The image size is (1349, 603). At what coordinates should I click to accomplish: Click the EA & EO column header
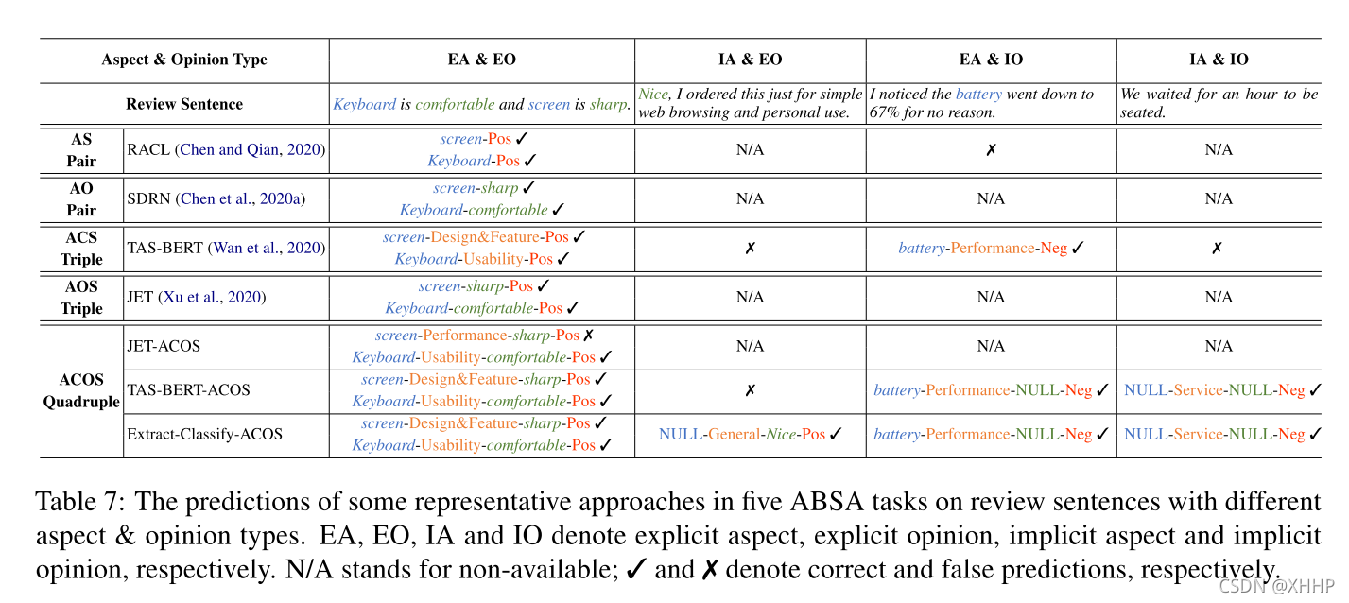pos(481,60)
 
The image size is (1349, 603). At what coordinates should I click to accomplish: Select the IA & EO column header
pos(750,60)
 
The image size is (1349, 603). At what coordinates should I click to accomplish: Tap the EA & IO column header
pos(991,60)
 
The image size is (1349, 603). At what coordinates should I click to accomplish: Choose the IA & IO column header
pos(1219,60)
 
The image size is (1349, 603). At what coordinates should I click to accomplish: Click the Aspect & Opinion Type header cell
pos(184,60)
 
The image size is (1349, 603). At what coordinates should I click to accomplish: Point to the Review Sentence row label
pos(184,104)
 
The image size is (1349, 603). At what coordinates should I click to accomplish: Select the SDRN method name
pos(149,198)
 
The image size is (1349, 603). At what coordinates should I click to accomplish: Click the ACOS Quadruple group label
pos(81,390)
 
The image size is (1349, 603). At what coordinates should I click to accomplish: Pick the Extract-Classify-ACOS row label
pos(205,435)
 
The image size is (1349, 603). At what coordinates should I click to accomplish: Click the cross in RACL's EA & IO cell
pos(991,150)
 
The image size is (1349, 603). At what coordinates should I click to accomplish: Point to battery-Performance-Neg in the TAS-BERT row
pos(982,248)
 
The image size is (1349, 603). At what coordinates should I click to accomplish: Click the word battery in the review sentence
pos(978,95)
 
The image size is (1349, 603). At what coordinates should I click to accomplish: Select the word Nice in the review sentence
pos(653,95)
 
